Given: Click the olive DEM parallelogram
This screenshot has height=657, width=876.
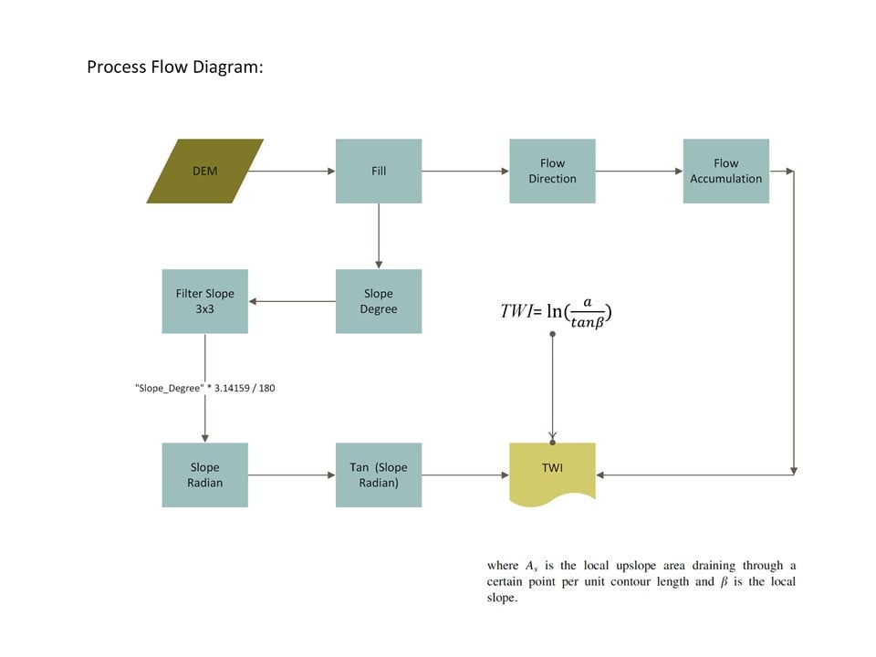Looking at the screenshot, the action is coord(205,171).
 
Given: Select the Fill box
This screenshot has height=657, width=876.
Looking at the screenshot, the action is coord(379,171).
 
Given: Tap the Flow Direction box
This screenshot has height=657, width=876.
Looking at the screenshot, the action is coord(553,171).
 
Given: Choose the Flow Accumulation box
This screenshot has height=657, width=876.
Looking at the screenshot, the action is coord(726,171).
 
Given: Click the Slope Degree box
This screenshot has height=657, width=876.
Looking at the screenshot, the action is coord(379,302).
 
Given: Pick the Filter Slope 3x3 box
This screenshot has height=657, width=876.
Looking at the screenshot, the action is coord(205,302).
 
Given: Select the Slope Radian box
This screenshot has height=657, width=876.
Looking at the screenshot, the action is coord(205,475).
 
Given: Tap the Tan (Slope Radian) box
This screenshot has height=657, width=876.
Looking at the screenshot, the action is coord(379,475).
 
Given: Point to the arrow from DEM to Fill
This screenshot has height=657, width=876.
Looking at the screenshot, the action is coord(292,171).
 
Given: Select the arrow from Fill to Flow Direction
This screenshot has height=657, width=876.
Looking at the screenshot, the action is coord(465,171).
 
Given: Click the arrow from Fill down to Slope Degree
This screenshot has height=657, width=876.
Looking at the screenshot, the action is coord(379,236).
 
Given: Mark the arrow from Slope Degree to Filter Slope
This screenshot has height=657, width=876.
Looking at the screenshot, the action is coord(292,302).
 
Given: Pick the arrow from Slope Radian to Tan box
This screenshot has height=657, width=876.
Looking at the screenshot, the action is coord(292,475).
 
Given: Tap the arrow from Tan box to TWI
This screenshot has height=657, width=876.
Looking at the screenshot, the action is coord(465,475).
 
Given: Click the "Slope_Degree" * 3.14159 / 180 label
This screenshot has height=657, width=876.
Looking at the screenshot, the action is coord(205,389).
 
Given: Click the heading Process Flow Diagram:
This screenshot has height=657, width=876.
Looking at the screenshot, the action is coord(175,67).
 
